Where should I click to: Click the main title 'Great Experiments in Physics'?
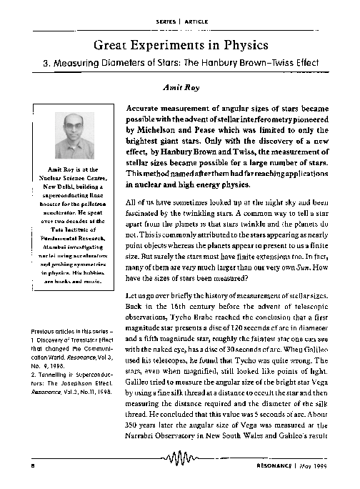[x=180, y=44]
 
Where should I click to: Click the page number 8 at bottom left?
[x=33, y=465]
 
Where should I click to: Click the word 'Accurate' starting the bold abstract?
[x=146, y=105]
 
